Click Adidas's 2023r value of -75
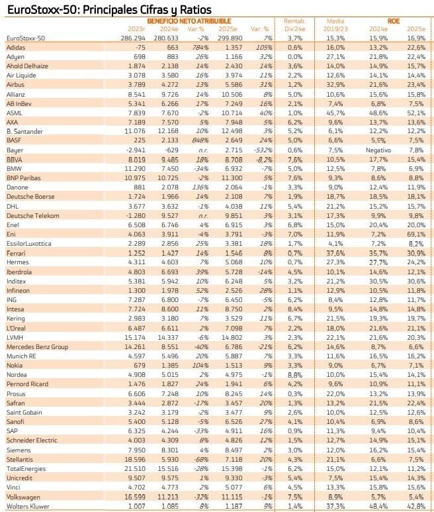pos(140,48)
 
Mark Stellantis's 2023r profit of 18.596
pos(134,460)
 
